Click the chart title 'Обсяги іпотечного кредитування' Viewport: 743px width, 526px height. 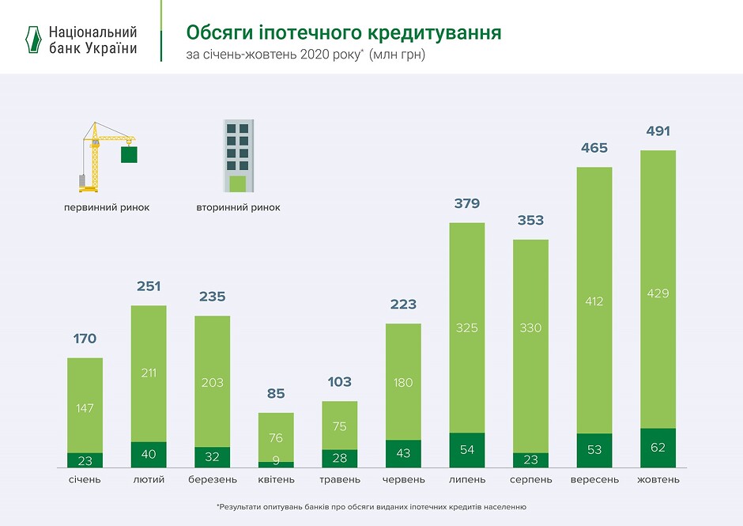(x=343, y=33)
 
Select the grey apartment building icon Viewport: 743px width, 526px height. (x=238, y=156)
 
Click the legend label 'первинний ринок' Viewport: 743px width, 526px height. (x=107, y=208)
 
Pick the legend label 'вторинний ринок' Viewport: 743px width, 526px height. (x=238, y=208)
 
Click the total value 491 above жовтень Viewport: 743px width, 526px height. (x=658, y=132)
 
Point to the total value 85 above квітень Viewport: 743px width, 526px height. (x=276, y=394)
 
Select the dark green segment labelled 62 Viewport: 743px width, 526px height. (x=658, y=448)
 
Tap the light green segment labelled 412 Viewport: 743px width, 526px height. (x=594, y=301)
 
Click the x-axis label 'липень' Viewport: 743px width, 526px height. (x=466, y=480)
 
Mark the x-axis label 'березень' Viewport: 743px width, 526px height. (x=212, y=480)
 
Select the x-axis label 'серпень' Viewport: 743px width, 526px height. (x=530, y=480)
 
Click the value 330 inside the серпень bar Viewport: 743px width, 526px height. (x=530, y=327)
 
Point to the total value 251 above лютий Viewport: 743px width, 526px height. (x=149, y=287)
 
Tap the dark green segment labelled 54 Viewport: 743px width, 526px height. (x=466, y=450)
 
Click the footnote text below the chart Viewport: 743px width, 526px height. (x=371, y=506)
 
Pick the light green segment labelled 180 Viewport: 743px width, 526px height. (x=403, y=382)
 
